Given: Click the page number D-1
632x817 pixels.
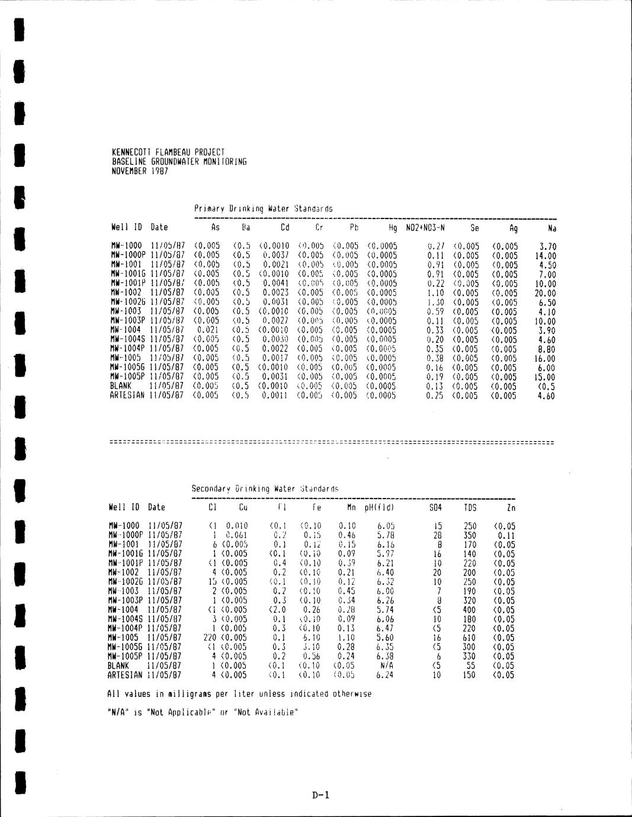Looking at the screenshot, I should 320,795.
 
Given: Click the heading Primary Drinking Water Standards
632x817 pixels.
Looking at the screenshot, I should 263,208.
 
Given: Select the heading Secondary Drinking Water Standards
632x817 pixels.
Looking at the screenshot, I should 265,489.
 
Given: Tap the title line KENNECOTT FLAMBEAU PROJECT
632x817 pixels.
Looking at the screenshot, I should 168,152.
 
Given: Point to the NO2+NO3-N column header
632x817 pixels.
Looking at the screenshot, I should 425,227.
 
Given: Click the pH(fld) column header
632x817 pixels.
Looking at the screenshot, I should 379,507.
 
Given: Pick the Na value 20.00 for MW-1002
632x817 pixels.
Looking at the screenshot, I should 545,293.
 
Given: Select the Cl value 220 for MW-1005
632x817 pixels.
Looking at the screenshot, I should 210,638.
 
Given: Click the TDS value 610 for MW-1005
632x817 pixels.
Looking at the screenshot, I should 469,638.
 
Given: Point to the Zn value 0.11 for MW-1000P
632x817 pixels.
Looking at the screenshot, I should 506,535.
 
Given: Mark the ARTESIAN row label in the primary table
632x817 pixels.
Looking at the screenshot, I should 128,395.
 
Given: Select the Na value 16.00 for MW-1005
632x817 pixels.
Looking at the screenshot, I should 545,358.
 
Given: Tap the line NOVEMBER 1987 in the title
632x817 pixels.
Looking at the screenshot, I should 140,171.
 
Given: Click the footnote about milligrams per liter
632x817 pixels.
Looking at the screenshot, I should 239,693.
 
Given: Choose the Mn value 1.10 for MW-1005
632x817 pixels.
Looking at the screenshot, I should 347,638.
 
